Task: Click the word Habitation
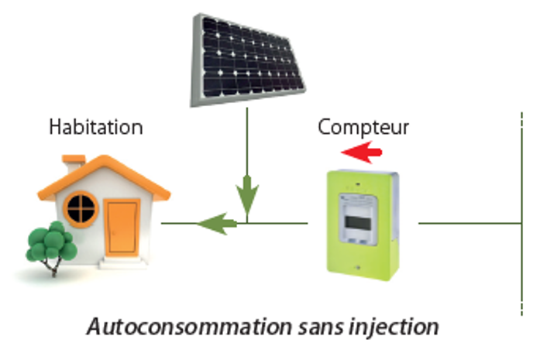(x=96, y=127)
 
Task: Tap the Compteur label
(x=363, y=127)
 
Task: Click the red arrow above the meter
(x=362, y=152)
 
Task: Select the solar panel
(x=247, y=60)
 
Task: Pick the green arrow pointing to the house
(x=199, y=224)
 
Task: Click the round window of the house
(x=81, y=209)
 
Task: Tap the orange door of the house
(x=122, y=228)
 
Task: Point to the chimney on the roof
(x=73, y=164)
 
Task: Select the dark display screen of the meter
(x=358, y=224)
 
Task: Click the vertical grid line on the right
(x=522, y=214)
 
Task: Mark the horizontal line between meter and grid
(x=470, y=224)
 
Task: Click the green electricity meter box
(x=363, y=225)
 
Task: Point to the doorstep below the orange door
(x=122, y=263)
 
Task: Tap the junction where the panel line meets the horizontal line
(x=247, y=224)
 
